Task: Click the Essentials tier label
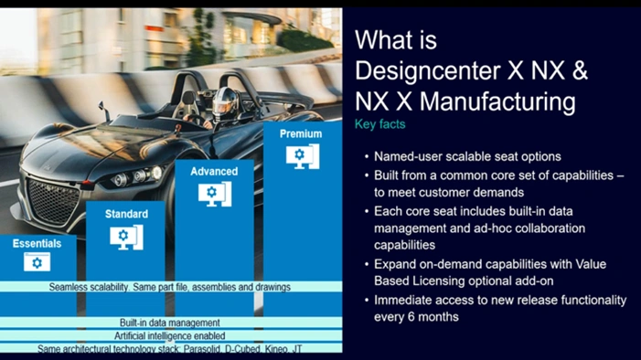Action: pos(37,244)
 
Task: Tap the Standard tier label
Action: pos(126,214)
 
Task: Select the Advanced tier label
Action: pos(214,171)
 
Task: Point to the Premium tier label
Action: pos(301,133)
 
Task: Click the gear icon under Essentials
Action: pos(37,262)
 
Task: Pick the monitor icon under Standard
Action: pos(126,237)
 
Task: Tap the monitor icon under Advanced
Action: pos(215,194)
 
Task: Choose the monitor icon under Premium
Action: pos(303,156)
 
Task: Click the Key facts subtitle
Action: pos(379,124)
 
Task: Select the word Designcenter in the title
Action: pos(427,71)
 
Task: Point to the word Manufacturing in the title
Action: pos(497,102)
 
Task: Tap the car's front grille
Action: pos(53,201)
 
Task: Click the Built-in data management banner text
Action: pos(170,323)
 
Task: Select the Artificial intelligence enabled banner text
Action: pos(170,336)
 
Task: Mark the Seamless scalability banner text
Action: pos(170,287)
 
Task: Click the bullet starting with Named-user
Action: pos(467,156)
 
